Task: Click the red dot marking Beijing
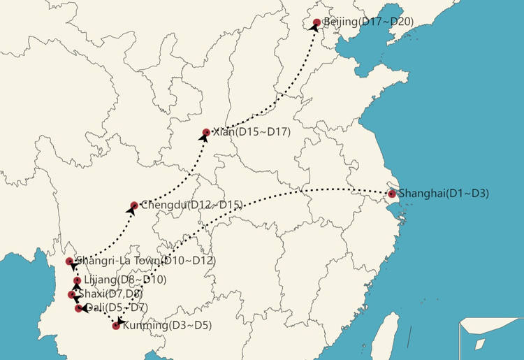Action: click(x=316, y=22)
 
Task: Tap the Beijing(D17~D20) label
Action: click(x=368, y=22)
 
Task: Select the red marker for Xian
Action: click(x=206, y=132)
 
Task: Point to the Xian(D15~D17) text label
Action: click(x=250, y=132)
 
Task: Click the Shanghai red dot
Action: click(x=392, y=194)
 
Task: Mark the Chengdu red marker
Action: click(x=134, y=206)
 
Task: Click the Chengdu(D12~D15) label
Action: click(x=191, y=205)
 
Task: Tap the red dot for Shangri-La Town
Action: click(x=69, y=261)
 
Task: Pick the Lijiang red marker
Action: click(x=77, y=281)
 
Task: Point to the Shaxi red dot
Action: click(x=71, y=295)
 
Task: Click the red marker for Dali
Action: click(x=78, y=308)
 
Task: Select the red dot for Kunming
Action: click(x=116, y=326)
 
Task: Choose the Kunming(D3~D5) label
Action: click(x=166, y=325)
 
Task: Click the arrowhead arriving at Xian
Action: click(x=204, y=137)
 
